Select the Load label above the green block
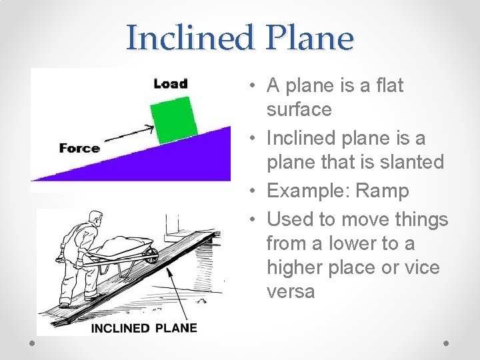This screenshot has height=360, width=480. (x=171, y=83)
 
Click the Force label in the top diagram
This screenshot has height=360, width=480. (x=79, y=148)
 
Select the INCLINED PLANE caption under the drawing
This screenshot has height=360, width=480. (x=144, y=328)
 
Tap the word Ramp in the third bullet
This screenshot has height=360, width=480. (x=382, y=191)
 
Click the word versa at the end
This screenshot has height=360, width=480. (x=290, y=292)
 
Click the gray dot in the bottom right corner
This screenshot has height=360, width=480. (x=447, y=342)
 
